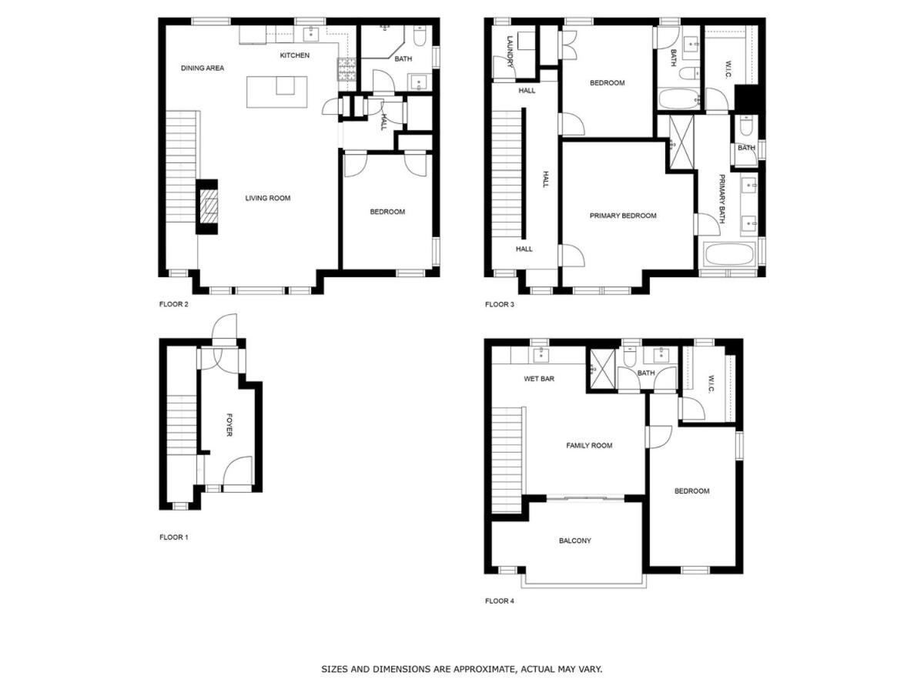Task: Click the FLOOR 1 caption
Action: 173,537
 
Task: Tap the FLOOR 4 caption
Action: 499,601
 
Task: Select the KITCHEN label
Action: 295,55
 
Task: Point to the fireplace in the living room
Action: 207,206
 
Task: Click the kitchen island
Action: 276,92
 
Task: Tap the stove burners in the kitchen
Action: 346,70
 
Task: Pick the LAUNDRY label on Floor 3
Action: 511,52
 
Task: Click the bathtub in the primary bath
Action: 730,254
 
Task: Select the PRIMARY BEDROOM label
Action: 623,216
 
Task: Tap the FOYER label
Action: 229,425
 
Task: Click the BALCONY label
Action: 574,541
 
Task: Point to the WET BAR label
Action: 539,379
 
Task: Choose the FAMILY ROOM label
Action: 589,446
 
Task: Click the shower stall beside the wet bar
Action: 602,370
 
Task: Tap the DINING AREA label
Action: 203,69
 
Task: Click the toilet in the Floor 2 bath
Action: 420,36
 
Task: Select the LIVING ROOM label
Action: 268,198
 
